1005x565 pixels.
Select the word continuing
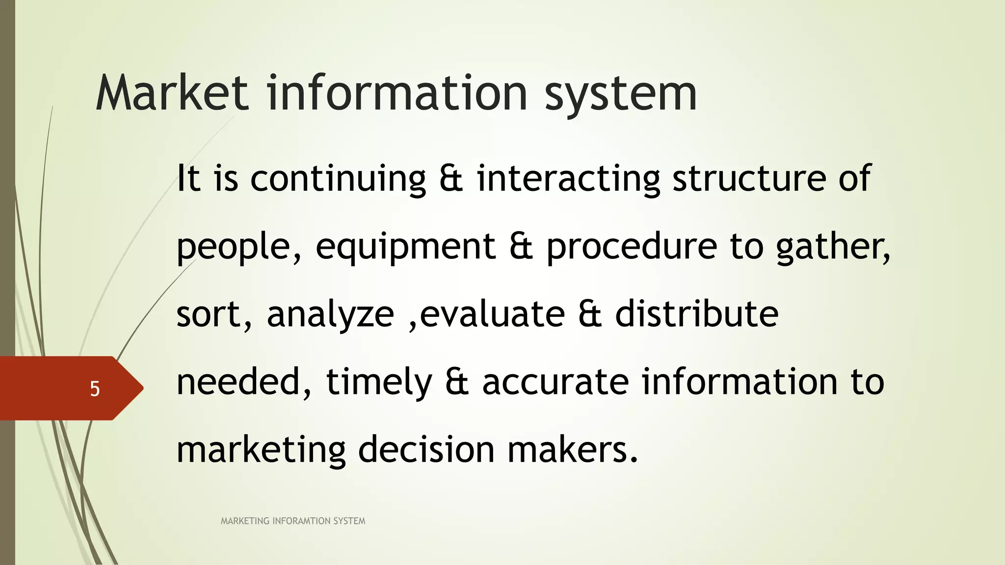[x=338, y=179]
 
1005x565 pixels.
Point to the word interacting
[x=568, y=179]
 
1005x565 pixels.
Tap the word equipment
[x=405, y=247]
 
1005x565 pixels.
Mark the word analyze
[x=330, y=315]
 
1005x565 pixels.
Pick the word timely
[x=379, y=383]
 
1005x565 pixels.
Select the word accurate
[x=555, y=383]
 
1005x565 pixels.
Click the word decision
[x=426, y=450]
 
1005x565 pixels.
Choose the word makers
[x=572, y=450]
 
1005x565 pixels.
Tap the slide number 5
[x=95, y=389]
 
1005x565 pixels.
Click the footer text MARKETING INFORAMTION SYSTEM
[x=293, y=521]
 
